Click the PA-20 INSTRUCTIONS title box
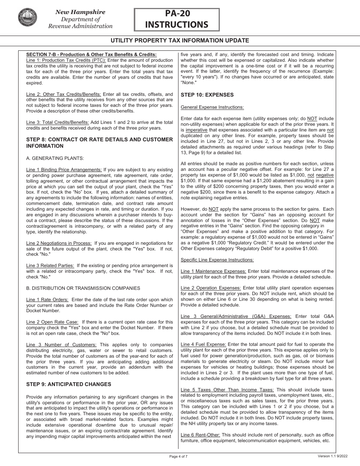click(177, 19)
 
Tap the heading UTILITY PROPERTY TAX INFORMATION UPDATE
click(180, 41)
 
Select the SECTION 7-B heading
click(91, 55)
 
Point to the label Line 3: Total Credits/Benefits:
click(58, 122)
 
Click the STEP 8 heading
click(99, 142)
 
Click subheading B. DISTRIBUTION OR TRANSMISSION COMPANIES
click(83, 288)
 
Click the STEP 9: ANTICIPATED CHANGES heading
click(69, 384)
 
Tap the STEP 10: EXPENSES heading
click(207, 95)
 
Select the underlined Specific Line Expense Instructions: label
click(217, 260)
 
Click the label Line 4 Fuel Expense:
click(203, 344)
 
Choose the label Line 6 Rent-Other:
click(200, 435)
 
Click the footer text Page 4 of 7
click(178, 456)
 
